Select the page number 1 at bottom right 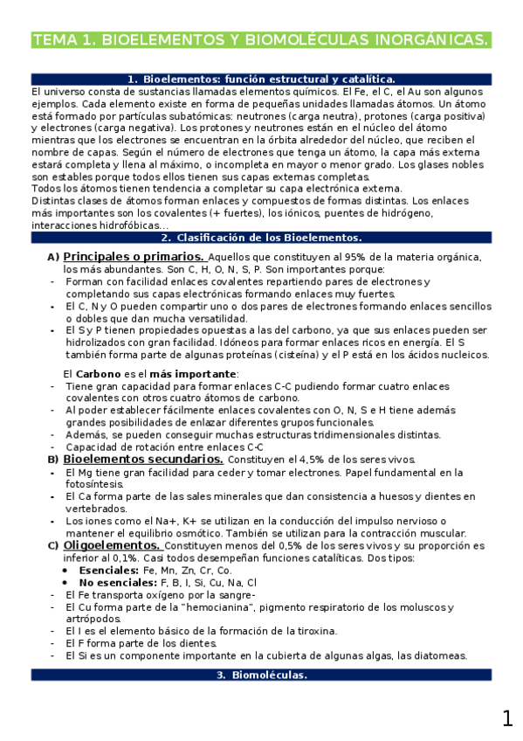point(507,718)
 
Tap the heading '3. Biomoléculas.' point(261,675)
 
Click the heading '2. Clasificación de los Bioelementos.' point(261,237)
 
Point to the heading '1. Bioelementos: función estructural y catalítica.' point(261,79)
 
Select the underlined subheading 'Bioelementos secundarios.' point(144,460)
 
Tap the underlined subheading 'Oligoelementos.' point(111,545)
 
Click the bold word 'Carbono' point(103,374)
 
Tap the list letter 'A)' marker point(52,257)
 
